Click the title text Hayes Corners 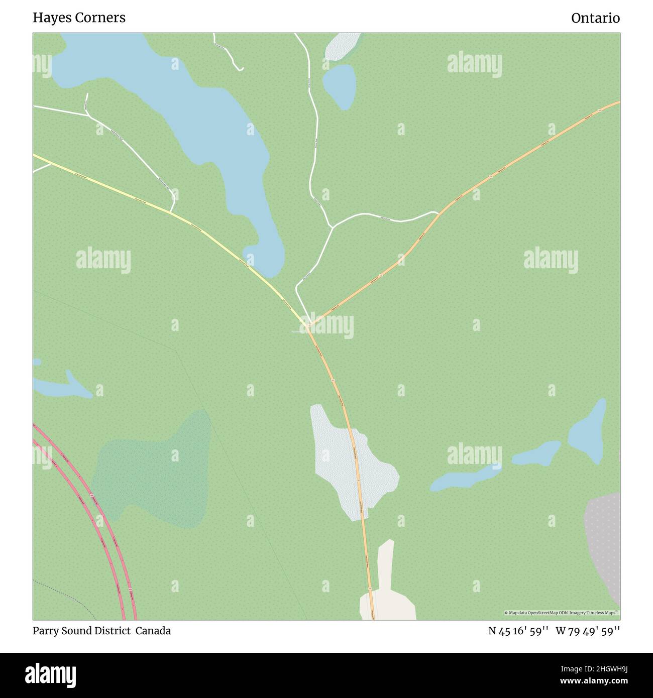pos(79,18)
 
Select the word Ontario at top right pos(595,18)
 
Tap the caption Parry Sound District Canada pos(101,631)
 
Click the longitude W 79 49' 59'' pos(588,631)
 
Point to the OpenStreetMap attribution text pos(562,613)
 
